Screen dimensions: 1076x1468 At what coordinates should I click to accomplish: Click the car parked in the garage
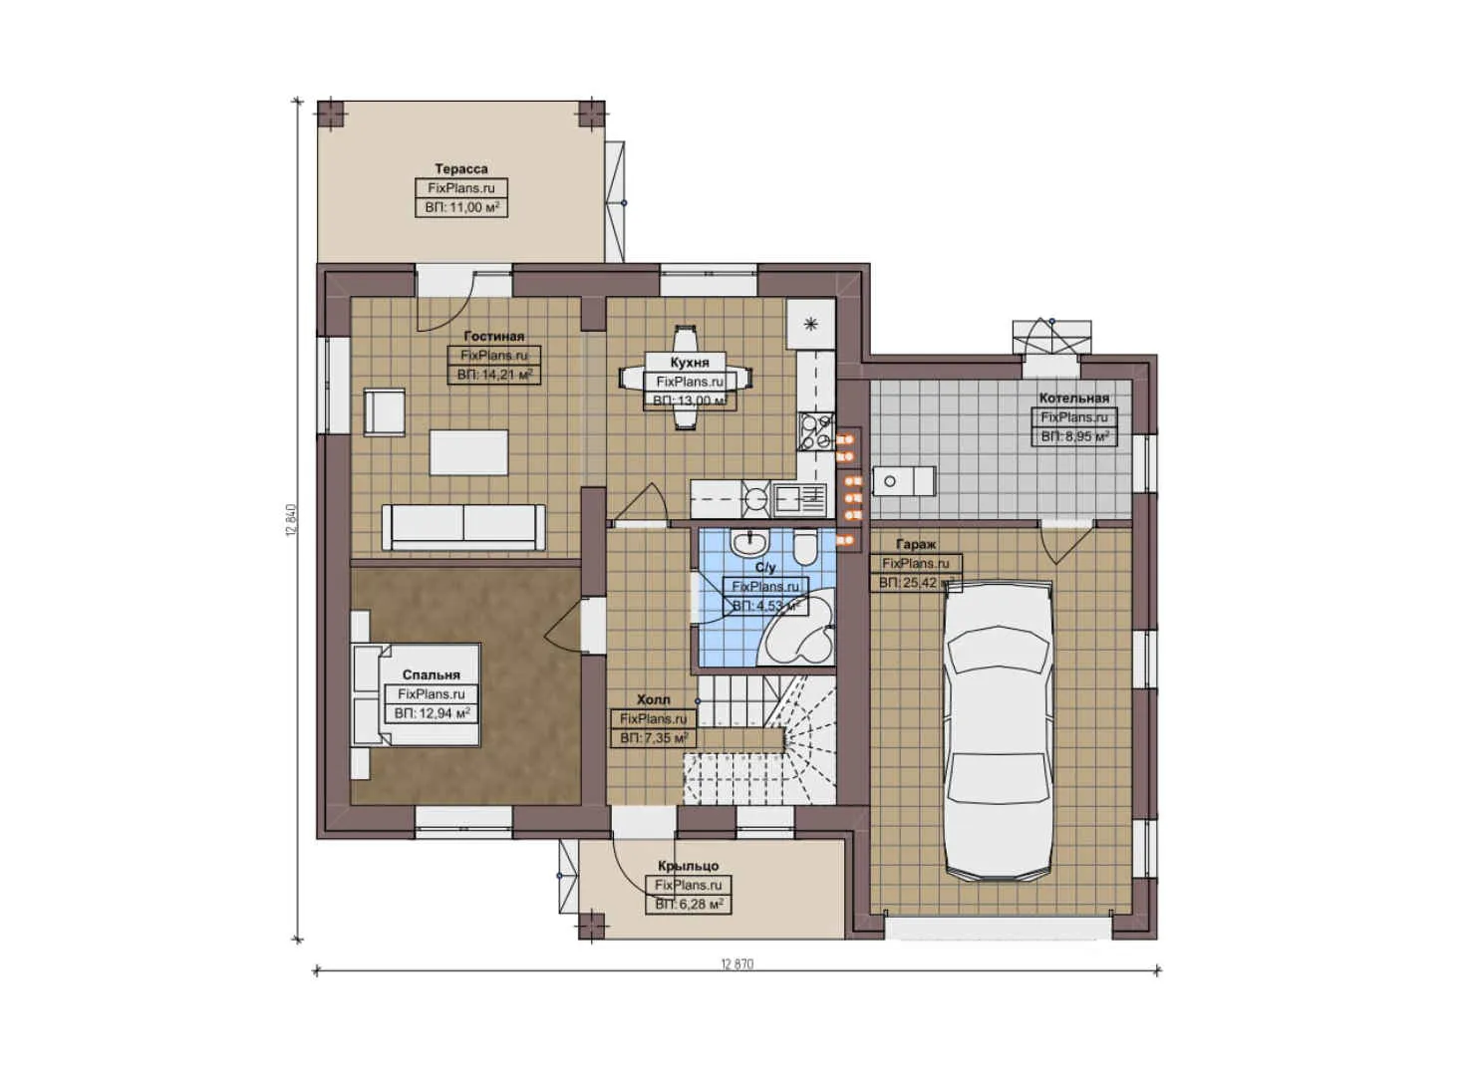pyautogui.click(x=998, y=732)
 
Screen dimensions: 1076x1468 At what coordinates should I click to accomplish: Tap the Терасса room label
pyautogui.click(x=461, y=169)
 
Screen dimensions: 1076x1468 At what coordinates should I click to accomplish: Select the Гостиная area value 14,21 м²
pyautogui.click(x=495, y=376)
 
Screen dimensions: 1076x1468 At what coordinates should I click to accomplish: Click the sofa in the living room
pyautogui.click(x=464, y=526)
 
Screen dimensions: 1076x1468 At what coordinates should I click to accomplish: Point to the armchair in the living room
pyautogui.click(x=385, y=411)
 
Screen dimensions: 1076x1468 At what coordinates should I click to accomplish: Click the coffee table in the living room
pyautogui.click(x=468, y=452)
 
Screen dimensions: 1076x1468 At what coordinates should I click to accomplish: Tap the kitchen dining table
pyautogui.click(x=685, y=378)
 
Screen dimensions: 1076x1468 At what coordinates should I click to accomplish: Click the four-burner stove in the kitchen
pyautogui.click(x=815, y=430)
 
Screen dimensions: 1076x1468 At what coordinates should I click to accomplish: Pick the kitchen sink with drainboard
pyautogui.click(x=800, y=498)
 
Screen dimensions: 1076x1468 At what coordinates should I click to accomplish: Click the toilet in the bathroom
pyautogui.click(x=805, y=547)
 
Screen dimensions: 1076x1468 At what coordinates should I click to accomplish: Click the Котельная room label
pyautogui.click(x=1073, y=399)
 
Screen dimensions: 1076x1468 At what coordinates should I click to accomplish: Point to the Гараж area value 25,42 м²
pyautogui.click(x=916, y=583)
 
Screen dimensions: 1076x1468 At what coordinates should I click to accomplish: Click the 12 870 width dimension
pyautogui.click(x=736, y=964)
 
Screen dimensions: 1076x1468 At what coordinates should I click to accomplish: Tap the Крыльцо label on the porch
pyautogui.click(x=688, y=866)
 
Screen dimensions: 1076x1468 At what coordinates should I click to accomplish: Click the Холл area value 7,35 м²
pyautogui.click(x=654, y=738)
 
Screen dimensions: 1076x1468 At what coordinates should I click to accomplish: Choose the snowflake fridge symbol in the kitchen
pyautogui.click(x=811, y=323)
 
